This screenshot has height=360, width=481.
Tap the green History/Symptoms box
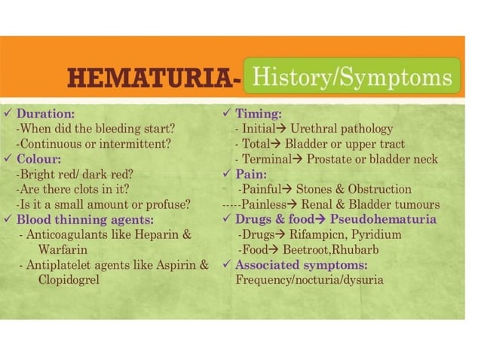tap(351, 77)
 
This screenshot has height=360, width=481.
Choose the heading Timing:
tap(258, 114)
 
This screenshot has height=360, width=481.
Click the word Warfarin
tap(63, 249)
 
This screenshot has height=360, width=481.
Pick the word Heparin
tap(158, 234)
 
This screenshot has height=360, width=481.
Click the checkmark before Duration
tap(8, 114)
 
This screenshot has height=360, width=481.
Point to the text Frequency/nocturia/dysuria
tap(309, 279)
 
